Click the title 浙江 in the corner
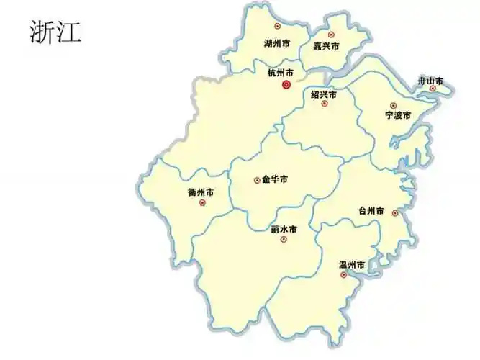click(55, 31)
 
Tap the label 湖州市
click(278, 44)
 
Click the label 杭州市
click(280, 73)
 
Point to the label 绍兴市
click(323, 94)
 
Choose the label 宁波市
click(397, 115)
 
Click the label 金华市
click(275, 179)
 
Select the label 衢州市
click(200, 192)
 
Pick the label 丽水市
click(284, 229)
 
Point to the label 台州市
click(371, 212)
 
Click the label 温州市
click(352, 265)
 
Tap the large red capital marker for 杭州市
click(286, 84)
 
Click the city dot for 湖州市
click(278, 26)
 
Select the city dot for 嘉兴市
click(331, 34)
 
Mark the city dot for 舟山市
click(433, 89)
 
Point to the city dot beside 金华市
click(257, 180)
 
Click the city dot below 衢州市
click(202, 202)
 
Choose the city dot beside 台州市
click(395, 212)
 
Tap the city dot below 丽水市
click(283, 239)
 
